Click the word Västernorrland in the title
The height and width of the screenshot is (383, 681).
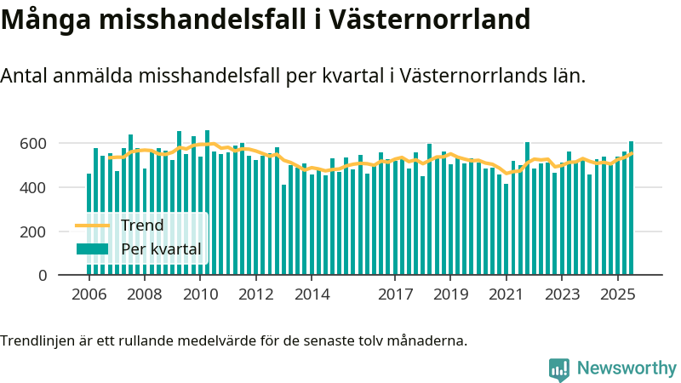pos(434,20)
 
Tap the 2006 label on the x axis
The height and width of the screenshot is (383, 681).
pos(89,294)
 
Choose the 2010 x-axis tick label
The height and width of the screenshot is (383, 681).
pos(200,294)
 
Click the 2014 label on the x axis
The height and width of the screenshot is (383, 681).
pos(312,294)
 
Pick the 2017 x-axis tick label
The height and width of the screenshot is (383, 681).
pos(395,294)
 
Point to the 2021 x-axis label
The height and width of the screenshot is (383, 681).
pos(506,294)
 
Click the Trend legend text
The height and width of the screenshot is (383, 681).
pos(141,226)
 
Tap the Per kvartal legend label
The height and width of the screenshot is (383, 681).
pos(161,249)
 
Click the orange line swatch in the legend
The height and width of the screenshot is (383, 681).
pos(93,226)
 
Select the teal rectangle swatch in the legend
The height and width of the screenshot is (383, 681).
pos(93,249)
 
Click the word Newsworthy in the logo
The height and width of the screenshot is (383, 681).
pos(627,369)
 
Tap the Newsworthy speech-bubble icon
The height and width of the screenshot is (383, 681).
pos(559,369)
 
